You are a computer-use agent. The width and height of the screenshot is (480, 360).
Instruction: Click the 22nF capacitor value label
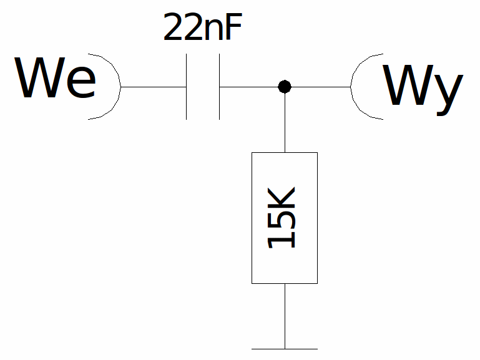click(x=203, y=27)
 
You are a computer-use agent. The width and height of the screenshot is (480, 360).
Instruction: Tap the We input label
click(x=55, y=78)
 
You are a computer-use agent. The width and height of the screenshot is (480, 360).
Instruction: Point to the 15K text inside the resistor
click(x=282, y=218)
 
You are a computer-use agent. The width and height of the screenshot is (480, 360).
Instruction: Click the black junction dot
click(x=285, y=87)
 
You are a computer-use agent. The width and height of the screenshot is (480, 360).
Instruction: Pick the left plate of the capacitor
click(x=186, y=87)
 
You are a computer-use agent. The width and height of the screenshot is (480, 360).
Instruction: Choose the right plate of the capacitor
click(x=219, y=87)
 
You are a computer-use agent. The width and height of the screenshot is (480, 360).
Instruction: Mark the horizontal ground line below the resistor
click(x=285, y=349)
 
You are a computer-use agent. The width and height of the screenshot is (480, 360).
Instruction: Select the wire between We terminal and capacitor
click(x=154, y=87)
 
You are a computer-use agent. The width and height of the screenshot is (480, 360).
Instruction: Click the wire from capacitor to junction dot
click(x=249, y=87)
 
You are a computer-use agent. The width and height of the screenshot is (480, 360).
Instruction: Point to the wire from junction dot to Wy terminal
click(x=321, y=87)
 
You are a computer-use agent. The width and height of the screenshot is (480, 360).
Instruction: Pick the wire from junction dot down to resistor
click(x=285, y=123)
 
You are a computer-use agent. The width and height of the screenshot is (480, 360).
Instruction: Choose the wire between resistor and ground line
click(x=285, y=316)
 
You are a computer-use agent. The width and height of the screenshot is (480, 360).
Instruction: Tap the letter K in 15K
click(x=282, y=200)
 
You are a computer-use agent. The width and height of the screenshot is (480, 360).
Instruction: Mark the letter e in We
click(x=81, y=82)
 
